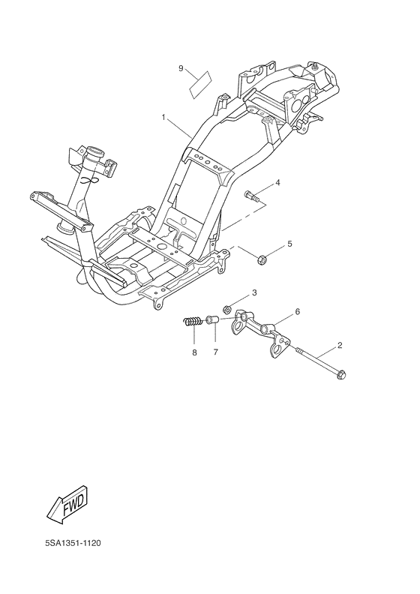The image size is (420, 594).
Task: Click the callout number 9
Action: coord(181,68)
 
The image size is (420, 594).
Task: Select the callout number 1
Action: coord(163,118)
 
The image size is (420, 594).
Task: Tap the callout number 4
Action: coord(277,182)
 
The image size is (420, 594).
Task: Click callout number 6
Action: coord(297,311)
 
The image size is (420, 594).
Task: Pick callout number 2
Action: coord(340,345)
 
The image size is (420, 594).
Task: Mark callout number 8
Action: coord(194,352)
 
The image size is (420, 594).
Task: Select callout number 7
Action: coord(215,352)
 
